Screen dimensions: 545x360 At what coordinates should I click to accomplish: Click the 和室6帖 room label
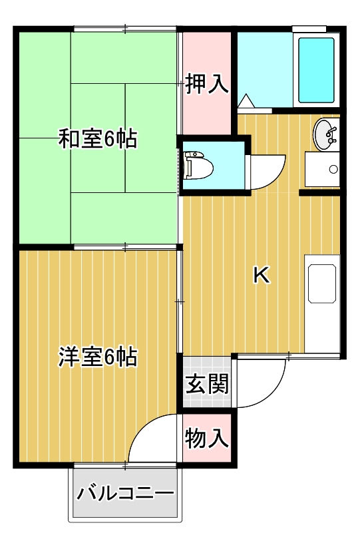pyautogui.click(x=97, y=139)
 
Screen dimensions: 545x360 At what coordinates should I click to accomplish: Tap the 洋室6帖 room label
pyautogui.click(x=97, y=357)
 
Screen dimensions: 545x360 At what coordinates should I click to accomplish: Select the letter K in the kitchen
pyautogui.click(x=262, y=275)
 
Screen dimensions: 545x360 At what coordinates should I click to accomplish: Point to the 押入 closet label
pyautogui.click(x=207, y=84)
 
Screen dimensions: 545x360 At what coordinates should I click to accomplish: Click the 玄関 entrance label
pyautogui.click(x=207, y=384)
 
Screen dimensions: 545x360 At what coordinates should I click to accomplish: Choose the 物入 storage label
pyautogui.click(x=207, y=439)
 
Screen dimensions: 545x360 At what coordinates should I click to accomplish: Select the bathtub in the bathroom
pyautogui.click(x=317, y=69)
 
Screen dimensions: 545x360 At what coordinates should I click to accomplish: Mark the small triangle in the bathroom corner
pyautogui.click(x=246, y=102)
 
